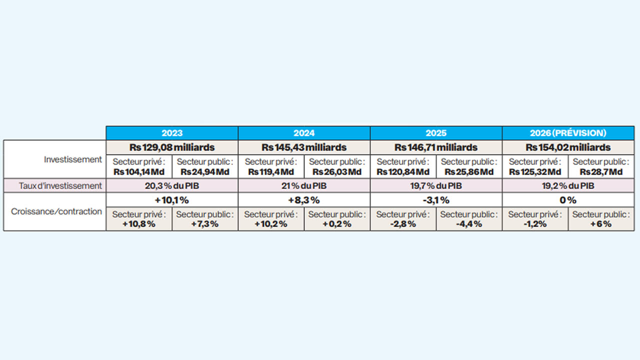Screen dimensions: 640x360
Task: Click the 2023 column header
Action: click(x=172, y=133)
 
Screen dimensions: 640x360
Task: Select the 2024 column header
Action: click(x=304, y=133)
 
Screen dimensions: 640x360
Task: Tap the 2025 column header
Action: click(x=436, y=133)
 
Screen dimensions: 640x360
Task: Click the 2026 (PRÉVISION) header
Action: click(x=568, y=133)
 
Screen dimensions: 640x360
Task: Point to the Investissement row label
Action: click(x=73, y=159)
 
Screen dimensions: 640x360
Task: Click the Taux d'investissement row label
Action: click(x=60, y=185)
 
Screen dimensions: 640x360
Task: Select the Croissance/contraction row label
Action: click(x=56, y=211)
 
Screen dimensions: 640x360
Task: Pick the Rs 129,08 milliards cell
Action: click(x=172, y=147)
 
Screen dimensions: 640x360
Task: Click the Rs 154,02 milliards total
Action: click(x=568, y=147)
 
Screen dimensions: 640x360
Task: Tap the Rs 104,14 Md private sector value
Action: click(x=139, y=172)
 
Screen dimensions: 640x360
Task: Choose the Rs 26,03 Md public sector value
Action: click(x=337, y=172)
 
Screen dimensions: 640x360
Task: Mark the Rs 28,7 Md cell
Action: click(x=601, y=172)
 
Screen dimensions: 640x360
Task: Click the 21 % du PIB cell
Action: click(x=304, y=186)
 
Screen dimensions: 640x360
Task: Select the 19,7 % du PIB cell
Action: click(x=436, y=186)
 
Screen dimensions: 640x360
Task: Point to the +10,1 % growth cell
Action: click(x=172, y=200)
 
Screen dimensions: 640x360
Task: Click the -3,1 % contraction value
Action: click(x=436, y=200)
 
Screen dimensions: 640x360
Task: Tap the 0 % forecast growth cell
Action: click(x=568, y=200)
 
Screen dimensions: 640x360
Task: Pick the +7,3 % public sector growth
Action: click(x=205, y=224)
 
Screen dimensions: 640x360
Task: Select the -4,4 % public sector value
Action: click(x=469, y=224)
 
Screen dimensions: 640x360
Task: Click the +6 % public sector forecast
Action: click(x=601, y=224)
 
